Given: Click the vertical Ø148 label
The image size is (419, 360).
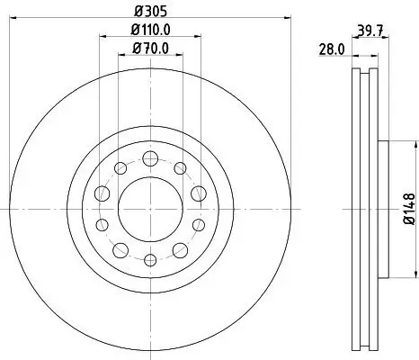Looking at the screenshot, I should tap(408, 209).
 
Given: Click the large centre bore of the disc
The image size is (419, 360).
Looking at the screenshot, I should tap(150, 210).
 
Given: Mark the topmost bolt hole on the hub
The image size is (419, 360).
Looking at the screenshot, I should tap(150, 159).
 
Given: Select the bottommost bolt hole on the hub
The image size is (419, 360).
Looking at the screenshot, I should tap(150, 260).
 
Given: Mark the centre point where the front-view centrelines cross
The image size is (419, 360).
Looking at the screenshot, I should tap(150, 210).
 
